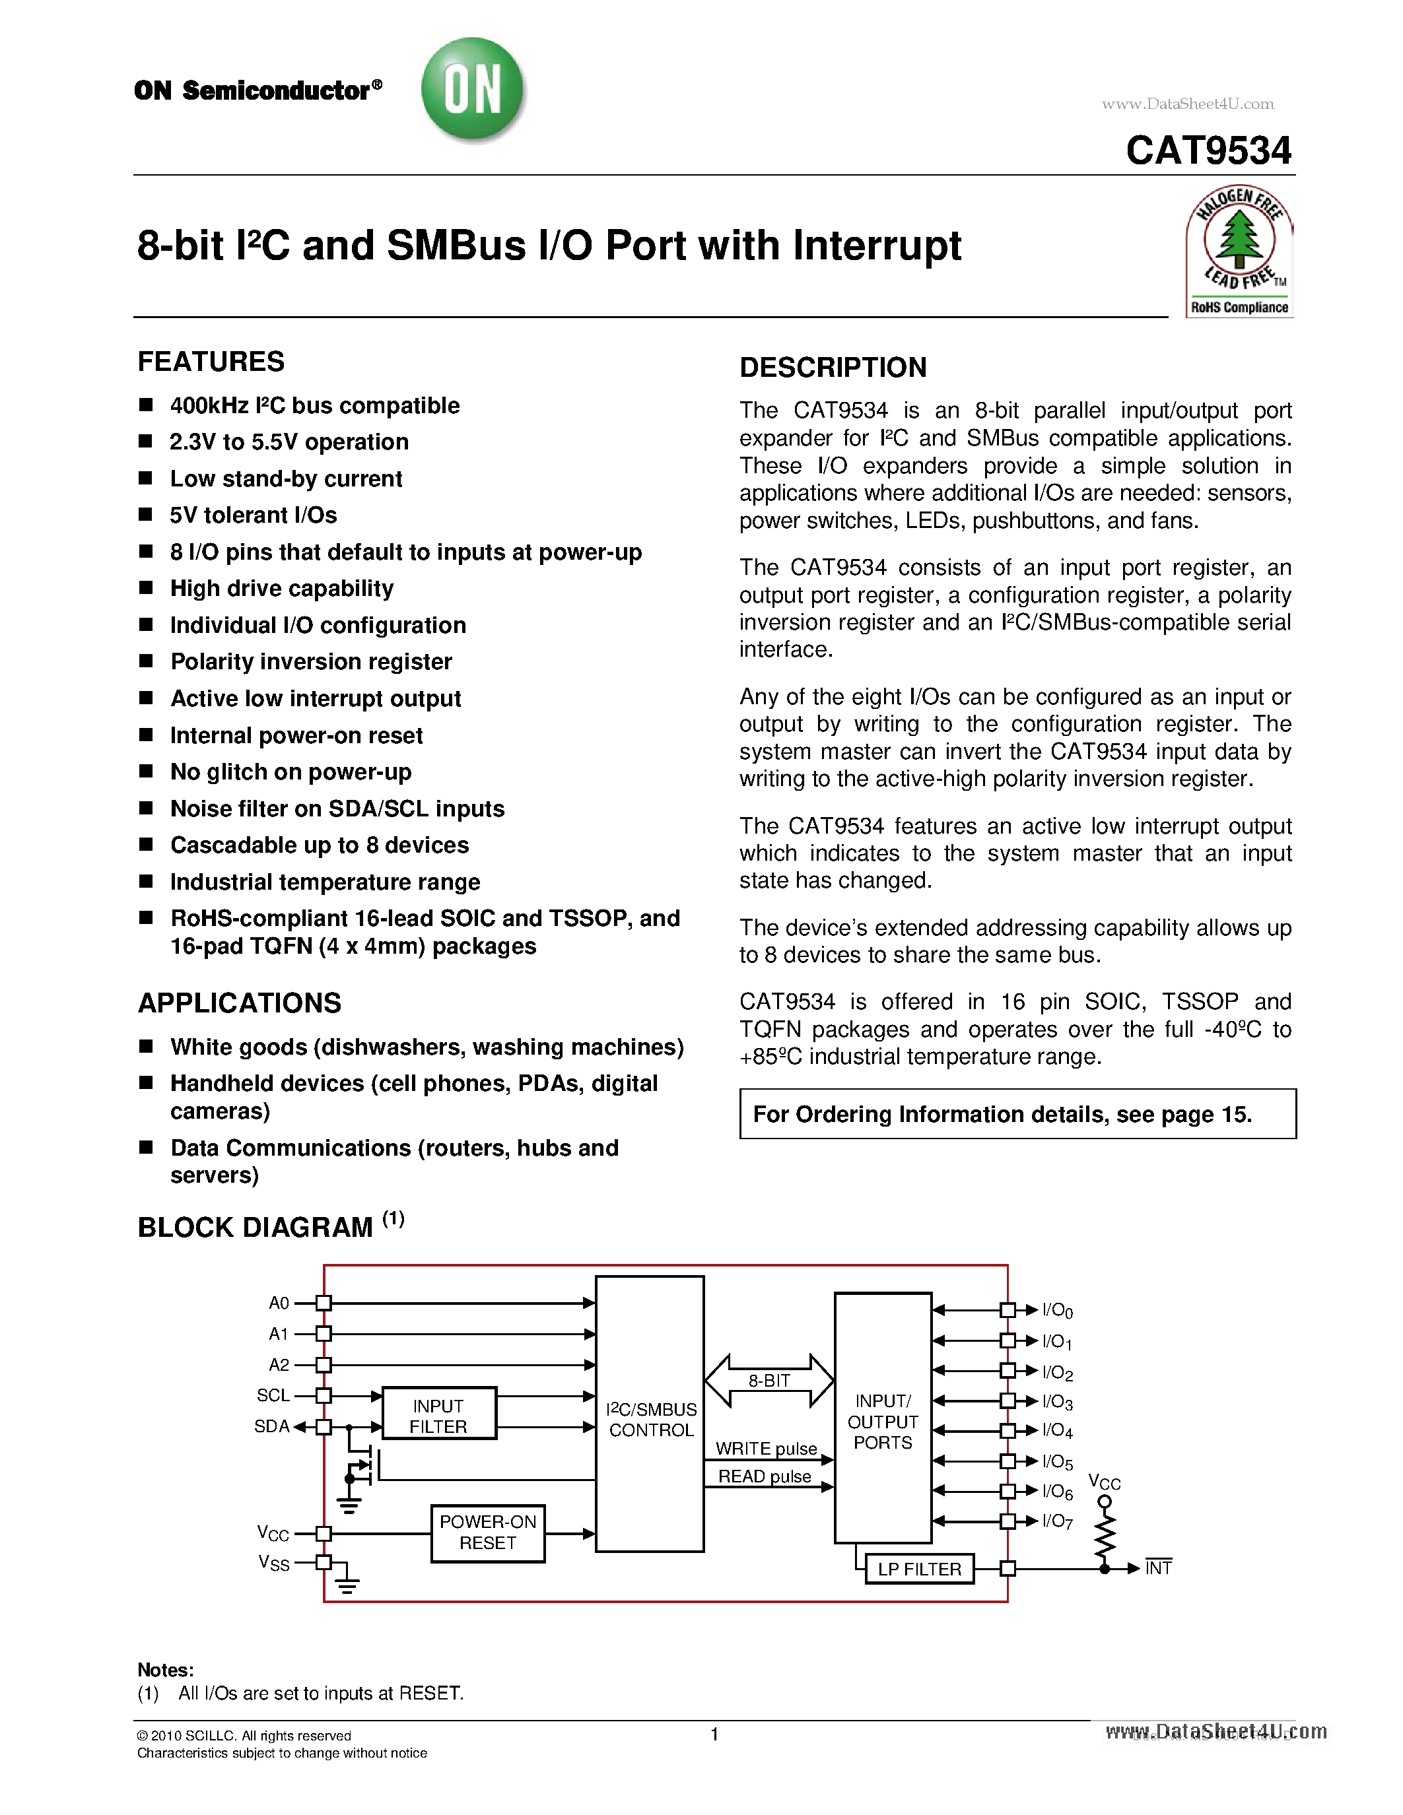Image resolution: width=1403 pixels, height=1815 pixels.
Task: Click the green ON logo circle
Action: [473, 90]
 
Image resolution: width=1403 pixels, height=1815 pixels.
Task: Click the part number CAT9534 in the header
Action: [1208, 151]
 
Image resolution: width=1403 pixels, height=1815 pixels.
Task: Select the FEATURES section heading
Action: [211, 362]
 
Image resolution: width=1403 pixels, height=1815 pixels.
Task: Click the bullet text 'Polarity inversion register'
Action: [311, 661]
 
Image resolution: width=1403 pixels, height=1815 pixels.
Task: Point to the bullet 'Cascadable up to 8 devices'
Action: [319, 845]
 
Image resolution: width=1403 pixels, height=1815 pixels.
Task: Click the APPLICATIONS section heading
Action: [240, 1003]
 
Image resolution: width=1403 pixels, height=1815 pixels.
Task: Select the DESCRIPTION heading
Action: [833, 368]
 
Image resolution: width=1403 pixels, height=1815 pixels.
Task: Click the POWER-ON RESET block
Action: [488, 1532]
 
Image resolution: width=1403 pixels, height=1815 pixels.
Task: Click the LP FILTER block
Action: [919, 1569]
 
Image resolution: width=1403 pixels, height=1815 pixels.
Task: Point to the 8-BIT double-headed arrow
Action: [769, 1380]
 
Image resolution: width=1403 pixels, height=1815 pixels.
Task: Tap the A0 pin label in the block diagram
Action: [279, 1303]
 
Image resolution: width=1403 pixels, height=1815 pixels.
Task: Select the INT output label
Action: [1158, 1568]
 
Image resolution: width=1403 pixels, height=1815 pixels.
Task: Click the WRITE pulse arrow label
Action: [765, 1449]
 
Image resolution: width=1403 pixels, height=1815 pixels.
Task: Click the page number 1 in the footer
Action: [714, 1734]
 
